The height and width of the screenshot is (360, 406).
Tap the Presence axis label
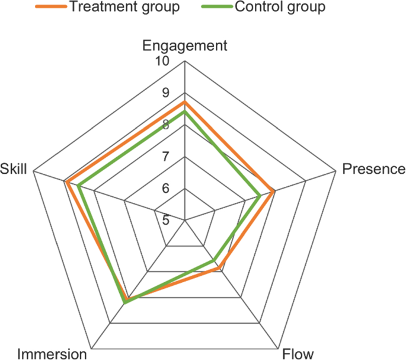pyautogui.click(x=374, y=170)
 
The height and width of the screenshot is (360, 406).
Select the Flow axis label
pyautogui.click(x=295, y=354)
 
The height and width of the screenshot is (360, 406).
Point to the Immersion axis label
pyautogui.click(x=52, y=354)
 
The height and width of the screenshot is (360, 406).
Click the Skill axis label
pyautogui.click(x=14, y=170)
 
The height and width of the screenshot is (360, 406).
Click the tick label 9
pyautogui.click(x=161, y=94)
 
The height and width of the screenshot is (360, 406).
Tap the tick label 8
pyautogui.click(x=161, y=125)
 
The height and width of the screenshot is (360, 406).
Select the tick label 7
pyautogui.click(x=161, y=157)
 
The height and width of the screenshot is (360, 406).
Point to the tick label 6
pyautogui.click(x=161, y=189)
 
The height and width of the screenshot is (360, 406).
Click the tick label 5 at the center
pyautogui.click(x=161, y=220)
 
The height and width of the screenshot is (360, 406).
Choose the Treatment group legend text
pyautogui.click(x=123, y=8)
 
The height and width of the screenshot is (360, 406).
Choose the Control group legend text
pyautogui.click(x=271, y=8)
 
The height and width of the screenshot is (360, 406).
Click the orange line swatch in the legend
pyautogui.click(x=49, y=8)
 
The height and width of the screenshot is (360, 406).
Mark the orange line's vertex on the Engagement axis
pyautogui.click(x=185, y=102)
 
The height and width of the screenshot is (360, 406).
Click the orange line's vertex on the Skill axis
pyautogui.click(x=67, y=182)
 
